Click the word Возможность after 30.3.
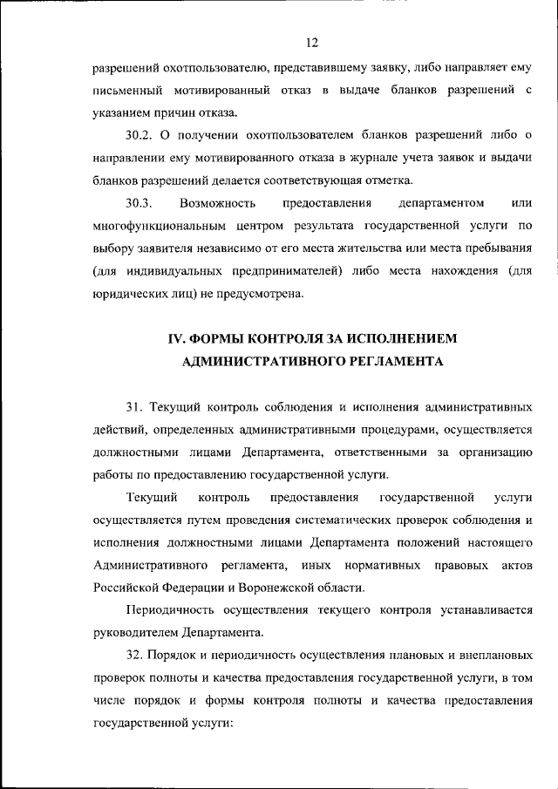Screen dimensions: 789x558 (217, 204)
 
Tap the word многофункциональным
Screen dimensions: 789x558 (153, 227)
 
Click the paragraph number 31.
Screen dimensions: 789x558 (134, 406)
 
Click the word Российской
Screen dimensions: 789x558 (129, 588)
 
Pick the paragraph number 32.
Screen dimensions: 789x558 (134, 656)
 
